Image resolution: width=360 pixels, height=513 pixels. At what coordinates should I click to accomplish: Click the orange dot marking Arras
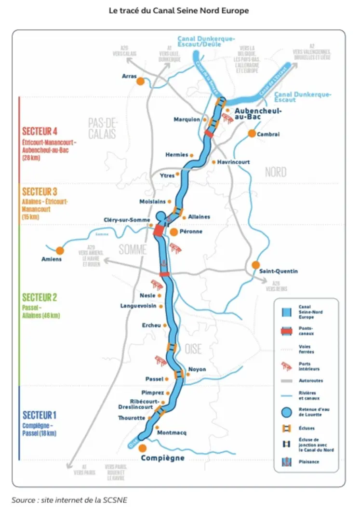coord(141,81)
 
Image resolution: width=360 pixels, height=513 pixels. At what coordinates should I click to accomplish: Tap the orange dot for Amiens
coord(60,251)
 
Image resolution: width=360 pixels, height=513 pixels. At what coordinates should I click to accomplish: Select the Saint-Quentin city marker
coord(255,265)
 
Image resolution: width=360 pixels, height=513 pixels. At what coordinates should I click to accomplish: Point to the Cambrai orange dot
coord(252,134)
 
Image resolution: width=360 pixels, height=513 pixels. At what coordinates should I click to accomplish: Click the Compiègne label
coord(162,458)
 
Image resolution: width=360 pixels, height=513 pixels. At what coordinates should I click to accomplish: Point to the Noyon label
coord(197,369)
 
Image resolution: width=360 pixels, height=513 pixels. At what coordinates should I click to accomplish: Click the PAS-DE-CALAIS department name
coord(102,128)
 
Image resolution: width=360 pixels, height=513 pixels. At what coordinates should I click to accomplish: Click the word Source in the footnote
coord(24,499)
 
